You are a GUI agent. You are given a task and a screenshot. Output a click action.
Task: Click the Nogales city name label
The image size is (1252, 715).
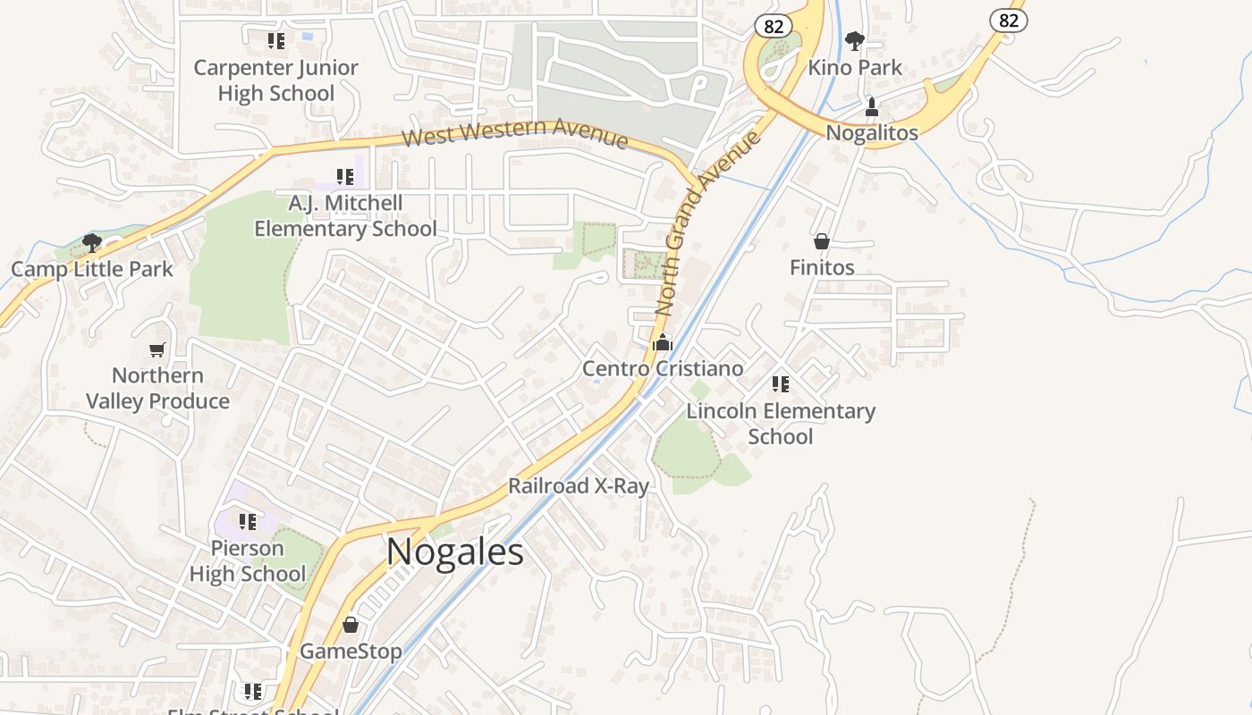[x=455, y=551]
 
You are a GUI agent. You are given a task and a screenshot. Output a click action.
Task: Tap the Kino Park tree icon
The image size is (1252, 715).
[x=855, y=40]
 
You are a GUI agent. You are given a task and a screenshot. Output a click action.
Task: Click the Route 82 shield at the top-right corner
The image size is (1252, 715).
[x=1008, y=20]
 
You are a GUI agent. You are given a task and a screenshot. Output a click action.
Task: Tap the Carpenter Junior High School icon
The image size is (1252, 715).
[x=276, y=40]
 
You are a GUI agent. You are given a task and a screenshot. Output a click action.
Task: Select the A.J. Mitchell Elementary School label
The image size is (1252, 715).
[x=345, y=216]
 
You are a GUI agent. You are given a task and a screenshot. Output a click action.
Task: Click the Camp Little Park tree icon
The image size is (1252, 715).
[x=91, y=242]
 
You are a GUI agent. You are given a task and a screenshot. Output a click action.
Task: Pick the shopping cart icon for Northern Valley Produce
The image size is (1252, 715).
[x=157, y=349]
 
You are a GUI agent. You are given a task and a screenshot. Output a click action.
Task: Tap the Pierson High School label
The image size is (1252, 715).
[x=248, y=561]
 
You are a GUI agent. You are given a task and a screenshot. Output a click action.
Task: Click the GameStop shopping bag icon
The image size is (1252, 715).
[x=351, y=624]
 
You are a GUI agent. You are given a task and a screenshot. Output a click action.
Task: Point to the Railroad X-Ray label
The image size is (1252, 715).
[x=578, y=486]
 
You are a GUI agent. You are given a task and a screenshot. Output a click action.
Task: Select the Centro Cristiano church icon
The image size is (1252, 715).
[x=663, y=341]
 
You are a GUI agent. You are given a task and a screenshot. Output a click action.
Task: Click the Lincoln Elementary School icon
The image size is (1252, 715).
[x=781, y=384]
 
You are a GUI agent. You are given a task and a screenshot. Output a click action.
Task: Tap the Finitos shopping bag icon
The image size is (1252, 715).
[x=822, y=241]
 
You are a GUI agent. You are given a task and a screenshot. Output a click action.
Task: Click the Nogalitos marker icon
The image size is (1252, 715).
[x=872, y=107]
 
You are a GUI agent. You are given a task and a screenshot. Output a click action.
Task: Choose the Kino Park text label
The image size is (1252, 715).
[x=855, y=68]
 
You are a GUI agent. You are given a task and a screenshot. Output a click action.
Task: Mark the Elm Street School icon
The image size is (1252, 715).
[x=253, y=691]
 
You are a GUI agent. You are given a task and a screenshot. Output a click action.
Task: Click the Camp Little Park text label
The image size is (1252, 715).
[x=92, y=269]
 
